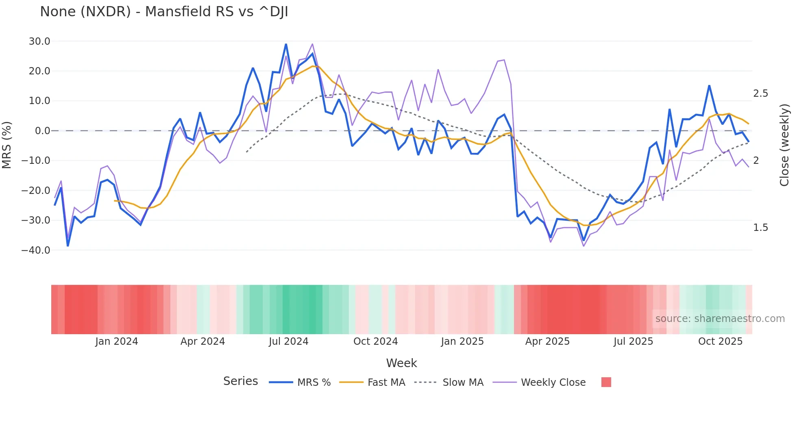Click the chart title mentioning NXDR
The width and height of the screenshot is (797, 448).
pos(164,12)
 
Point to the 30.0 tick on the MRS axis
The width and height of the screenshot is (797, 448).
pos(39,41)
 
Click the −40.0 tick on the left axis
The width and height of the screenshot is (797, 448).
pos(36,250)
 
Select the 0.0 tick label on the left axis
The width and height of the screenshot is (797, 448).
pos(42,131)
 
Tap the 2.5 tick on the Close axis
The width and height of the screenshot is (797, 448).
pos(760,94)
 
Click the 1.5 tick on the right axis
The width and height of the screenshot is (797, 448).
pos(760,228)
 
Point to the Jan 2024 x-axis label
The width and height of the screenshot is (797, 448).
pos(117,341)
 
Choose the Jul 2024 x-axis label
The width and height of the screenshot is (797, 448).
pos(288,341)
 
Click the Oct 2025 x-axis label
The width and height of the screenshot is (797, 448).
pos(720,341)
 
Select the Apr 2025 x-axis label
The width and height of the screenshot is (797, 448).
pos(547,341)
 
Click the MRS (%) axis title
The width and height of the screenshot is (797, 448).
pos(7,145)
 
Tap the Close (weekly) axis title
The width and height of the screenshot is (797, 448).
pos(784,145)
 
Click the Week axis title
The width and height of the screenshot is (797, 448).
pos(401,363)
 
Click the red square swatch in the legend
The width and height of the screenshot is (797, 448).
pos(606,382)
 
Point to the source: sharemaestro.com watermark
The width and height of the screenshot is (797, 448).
pos(720,319)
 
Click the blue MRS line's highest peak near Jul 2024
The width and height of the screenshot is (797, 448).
pos(286,44)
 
